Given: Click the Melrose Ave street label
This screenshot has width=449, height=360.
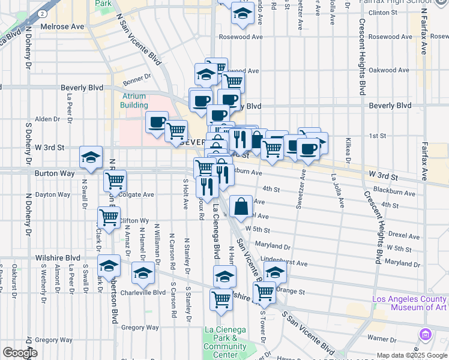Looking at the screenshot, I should tap(62, 27).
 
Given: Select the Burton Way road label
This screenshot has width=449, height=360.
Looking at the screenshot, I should tap(58, 173).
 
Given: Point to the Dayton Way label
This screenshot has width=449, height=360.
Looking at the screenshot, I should tap(52, 194).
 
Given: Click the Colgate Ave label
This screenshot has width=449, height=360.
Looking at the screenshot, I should tap(137, 194).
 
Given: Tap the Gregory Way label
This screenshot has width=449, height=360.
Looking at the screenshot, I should tap(140, 328).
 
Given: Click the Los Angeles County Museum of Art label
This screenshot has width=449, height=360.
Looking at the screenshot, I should tap(409, 303).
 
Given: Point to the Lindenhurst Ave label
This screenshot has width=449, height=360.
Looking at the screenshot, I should tap(285, 263).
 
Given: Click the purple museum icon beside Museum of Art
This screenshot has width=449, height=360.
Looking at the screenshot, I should tap(426, 334).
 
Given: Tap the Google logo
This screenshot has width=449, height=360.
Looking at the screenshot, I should tap(20, 353).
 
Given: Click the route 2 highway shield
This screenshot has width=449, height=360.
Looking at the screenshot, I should tap(43, 13).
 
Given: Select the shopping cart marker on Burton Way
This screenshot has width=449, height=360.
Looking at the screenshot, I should tap(114, 178).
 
